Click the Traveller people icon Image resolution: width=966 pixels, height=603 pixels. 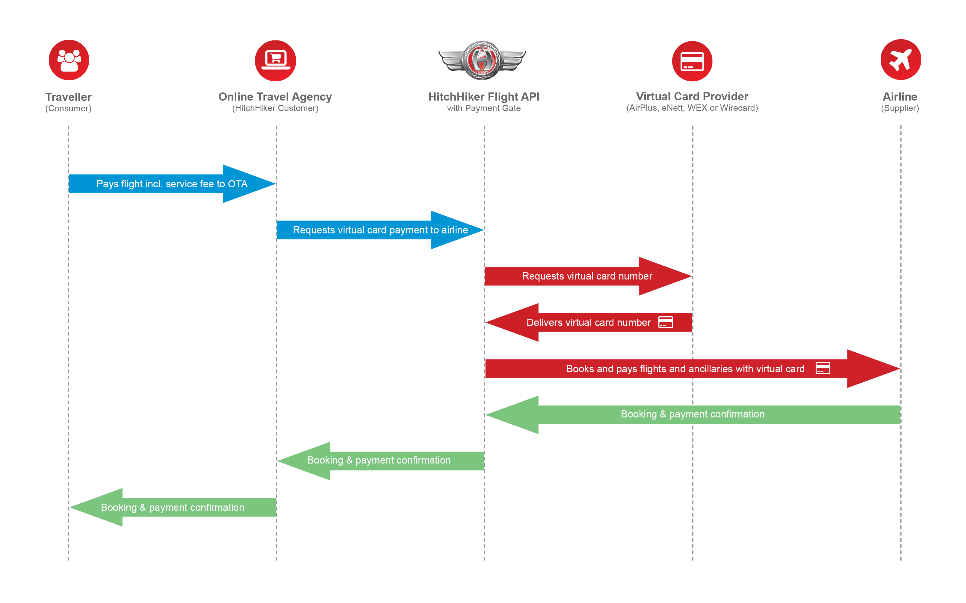click(x=69, y=60)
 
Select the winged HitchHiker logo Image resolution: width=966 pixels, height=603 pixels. click(x=482, y=60)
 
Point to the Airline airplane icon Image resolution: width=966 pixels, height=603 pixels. click(x=900, y=60)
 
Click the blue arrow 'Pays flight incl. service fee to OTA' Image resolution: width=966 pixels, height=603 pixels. click(x=172, y=184)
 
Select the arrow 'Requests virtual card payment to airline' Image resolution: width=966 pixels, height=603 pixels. click(x=380, y=230)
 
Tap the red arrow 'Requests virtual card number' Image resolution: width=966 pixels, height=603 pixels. click(x=587, y=276)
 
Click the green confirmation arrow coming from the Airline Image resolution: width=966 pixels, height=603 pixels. click(x=693, y=414)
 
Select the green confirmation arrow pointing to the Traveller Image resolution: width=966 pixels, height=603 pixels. click(x=173, y=507)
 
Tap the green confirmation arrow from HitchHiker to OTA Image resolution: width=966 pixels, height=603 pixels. click(x=379, y=461)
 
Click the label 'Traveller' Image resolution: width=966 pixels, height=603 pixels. click(x=69, y=97)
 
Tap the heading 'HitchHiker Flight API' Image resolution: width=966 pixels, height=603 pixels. click(x=484, y=97)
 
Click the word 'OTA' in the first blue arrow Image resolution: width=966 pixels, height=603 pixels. click(x=238, y=184)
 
